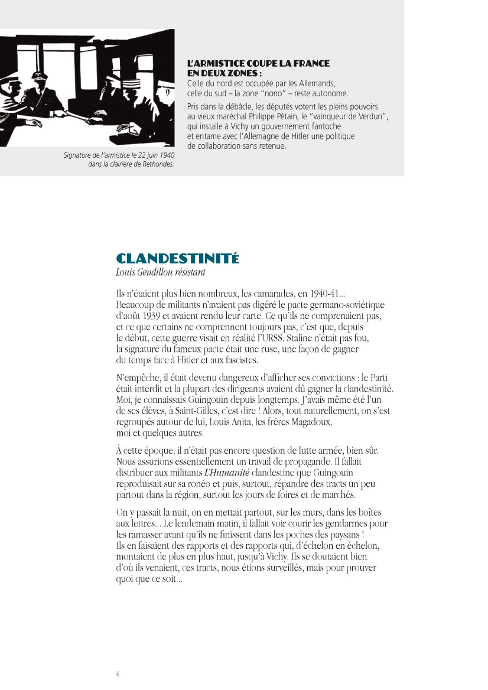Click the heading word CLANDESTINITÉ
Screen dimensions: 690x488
coord(178,259)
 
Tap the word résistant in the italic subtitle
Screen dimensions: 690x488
coord(187,272)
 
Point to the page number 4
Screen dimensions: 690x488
coord(118,673)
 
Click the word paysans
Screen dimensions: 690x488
coord(343,535)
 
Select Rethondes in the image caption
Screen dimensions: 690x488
coord(156,164)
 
